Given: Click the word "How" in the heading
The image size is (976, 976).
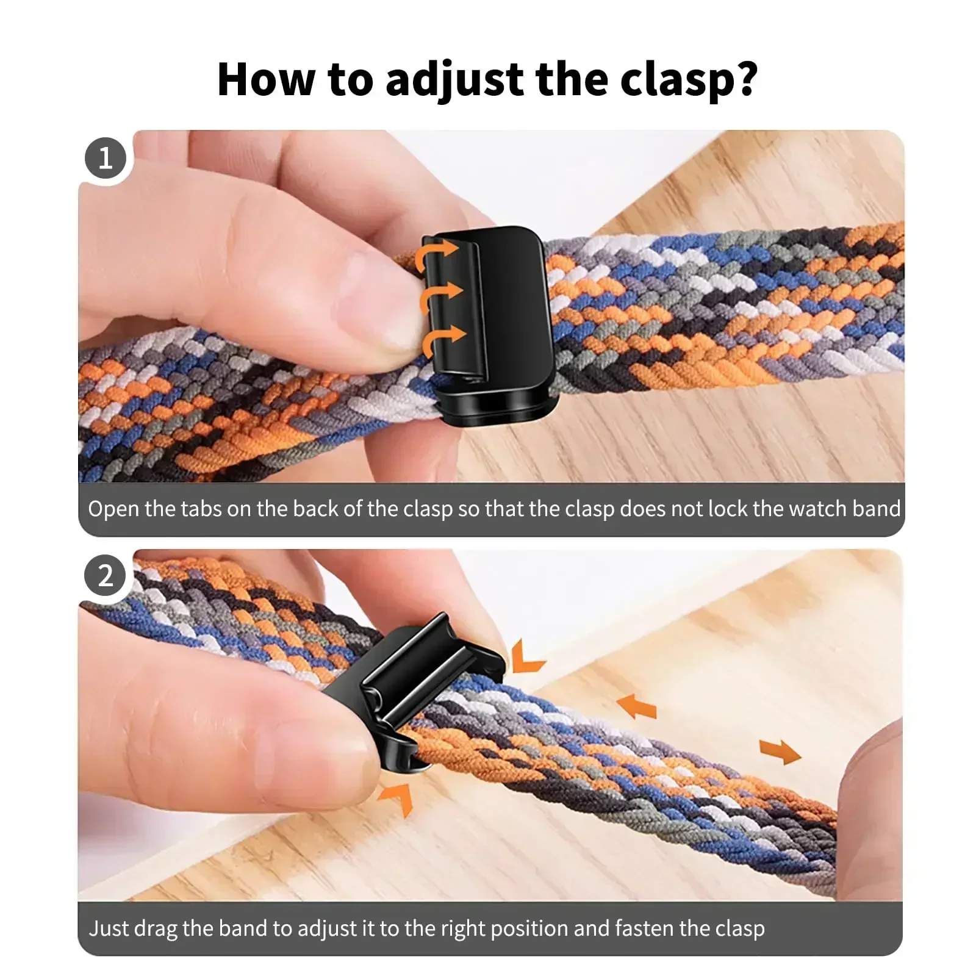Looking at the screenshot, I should coord(266,79).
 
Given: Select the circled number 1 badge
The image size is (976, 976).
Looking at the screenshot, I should coord(106,159).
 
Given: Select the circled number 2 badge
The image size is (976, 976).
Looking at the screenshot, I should coord(106,576).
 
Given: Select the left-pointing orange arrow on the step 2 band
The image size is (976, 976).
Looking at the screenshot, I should coord(637,706).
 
